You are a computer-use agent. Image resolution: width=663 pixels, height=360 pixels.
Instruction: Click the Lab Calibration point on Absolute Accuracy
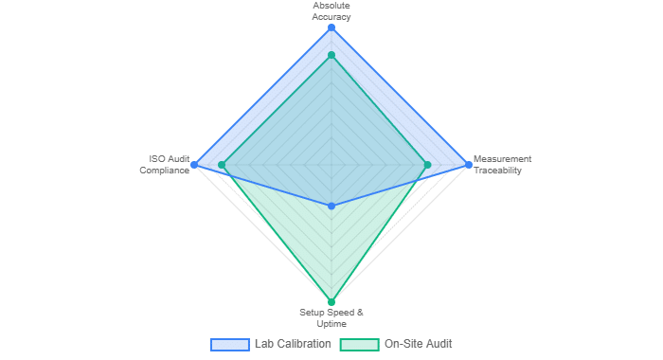pyautogui.click(x=331, y=28)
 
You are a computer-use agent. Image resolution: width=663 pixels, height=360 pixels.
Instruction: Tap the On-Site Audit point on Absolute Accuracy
pyautogui.click(x=331, y=54)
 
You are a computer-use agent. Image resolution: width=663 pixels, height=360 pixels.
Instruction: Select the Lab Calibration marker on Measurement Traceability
pyautogui.click(x=468, y=166)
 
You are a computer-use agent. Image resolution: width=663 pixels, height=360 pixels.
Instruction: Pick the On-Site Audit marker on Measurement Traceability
pyautogui.click(x=432, y=166)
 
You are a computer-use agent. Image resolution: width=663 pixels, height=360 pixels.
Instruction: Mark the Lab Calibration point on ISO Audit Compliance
pyautogui.click(x=194, y=166)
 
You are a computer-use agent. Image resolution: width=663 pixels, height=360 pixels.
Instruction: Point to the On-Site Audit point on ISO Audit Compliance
pyautogui.click(x=219, y=166)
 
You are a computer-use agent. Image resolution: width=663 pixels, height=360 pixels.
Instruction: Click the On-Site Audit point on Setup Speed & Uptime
pyautogui.click(x=331, y=302)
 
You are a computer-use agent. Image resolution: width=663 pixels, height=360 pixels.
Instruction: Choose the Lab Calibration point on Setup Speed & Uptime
pyautogui.click(x=331, y=206)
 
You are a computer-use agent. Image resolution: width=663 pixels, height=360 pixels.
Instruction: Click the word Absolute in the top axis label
pyautogui.click(x=331, y=6)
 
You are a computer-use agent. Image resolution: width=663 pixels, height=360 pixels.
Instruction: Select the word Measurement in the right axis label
pyautogui.click(x=503, y=159)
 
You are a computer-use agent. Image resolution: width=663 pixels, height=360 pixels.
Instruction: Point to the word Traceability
pyautogui.click(x=498, y=171)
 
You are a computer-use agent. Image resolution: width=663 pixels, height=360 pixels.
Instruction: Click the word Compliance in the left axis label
pyautogui.click(x=166, y=171)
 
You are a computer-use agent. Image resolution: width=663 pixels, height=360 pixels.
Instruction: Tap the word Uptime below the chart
pyautogui.click(x=331, y=323)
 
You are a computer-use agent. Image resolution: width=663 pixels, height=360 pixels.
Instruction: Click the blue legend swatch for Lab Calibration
pyautogui.click(x=229, y=344)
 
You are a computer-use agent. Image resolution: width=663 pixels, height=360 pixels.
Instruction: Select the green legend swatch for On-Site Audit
pyautogui.click(x=359, y=344)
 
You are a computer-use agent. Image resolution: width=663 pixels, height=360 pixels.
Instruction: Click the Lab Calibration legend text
pyautogui.click(x=294, y=344)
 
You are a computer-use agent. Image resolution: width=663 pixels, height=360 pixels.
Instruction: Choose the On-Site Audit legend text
pyautogui.click(x=419, y=344)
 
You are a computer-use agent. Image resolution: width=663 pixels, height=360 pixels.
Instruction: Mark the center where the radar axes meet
pyautogui.click(x=331, y=166)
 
